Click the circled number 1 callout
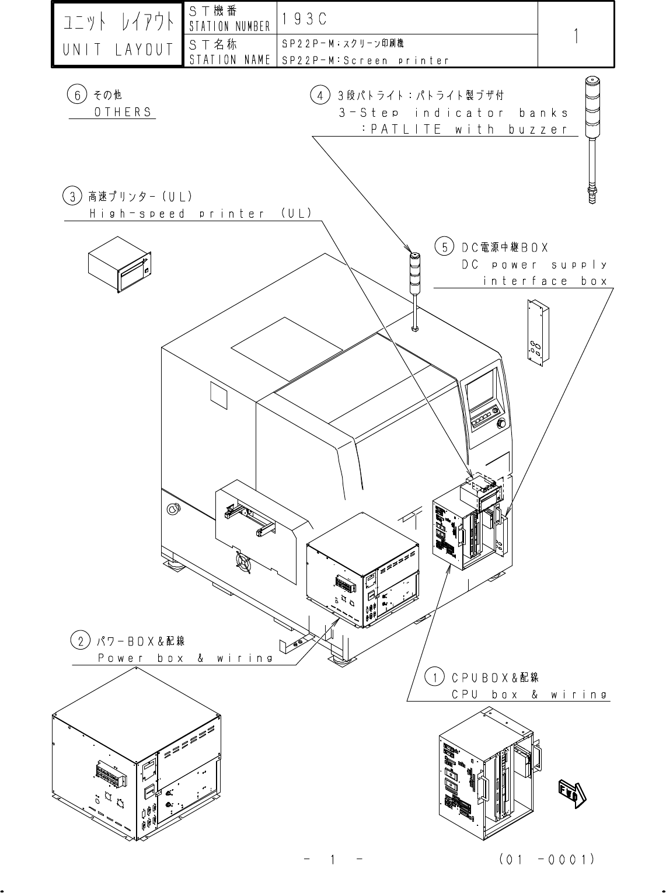tap(434, 678)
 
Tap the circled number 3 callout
tap(72, 196)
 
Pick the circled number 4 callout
tap(319, 95)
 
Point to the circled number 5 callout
tap(444, 247)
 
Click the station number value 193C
tap(304, 19)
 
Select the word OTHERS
tap(123, 111)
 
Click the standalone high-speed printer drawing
tap(119, 266)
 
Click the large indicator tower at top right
tap(592, 140)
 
